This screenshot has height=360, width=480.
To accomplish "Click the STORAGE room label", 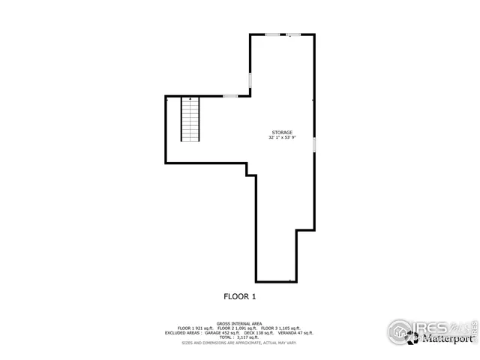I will (x=282, y=132).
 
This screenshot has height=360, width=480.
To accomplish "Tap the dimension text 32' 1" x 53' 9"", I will (x=282, y=138).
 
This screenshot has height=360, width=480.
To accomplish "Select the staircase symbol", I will (x=191, y=119).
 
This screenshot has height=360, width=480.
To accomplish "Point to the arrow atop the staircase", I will (x=191, y=99).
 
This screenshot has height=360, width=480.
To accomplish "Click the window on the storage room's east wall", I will (x=313, y=144).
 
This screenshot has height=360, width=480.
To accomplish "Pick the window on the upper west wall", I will (x=250, y=79).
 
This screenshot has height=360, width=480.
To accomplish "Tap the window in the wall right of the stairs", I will (x=231, y=96).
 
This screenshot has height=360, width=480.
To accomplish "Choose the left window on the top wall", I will (x=273, y=34).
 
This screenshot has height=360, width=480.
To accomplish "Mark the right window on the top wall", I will (x=295, y=34).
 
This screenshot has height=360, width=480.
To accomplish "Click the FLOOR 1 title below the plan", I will (x=240, y=296).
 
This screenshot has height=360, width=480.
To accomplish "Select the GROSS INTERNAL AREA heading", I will (x=240, y=323).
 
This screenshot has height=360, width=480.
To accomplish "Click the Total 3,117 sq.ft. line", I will (x=240, y=337).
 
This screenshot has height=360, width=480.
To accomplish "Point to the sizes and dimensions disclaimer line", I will (x=240, y=342).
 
